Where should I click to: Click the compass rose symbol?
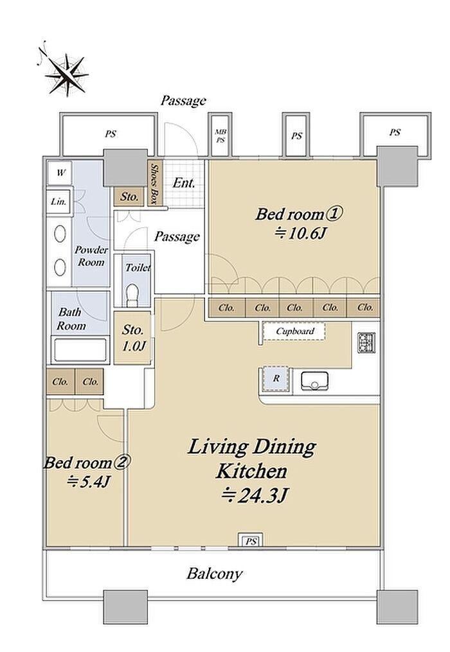[67, 75]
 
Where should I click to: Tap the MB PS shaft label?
[221, 136]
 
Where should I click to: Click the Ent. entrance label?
[184, 183]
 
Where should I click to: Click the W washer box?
[60, 173]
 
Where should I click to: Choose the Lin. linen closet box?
[59, 202]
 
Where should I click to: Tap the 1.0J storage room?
[132, 338]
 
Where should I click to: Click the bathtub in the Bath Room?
[80, 350]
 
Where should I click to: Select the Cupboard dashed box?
[294, 331]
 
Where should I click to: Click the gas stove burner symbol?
[366, 342]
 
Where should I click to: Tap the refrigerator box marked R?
[276, 379]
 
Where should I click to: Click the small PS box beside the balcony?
[251, 541]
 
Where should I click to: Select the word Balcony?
[214, 574]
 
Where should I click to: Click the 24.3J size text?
[255, 495]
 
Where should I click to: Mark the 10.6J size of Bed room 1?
[300, 233]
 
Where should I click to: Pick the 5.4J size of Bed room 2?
[88, 482]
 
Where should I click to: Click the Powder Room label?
[91, 256]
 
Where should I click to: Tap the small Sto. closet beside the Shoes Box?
[129, 197]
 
